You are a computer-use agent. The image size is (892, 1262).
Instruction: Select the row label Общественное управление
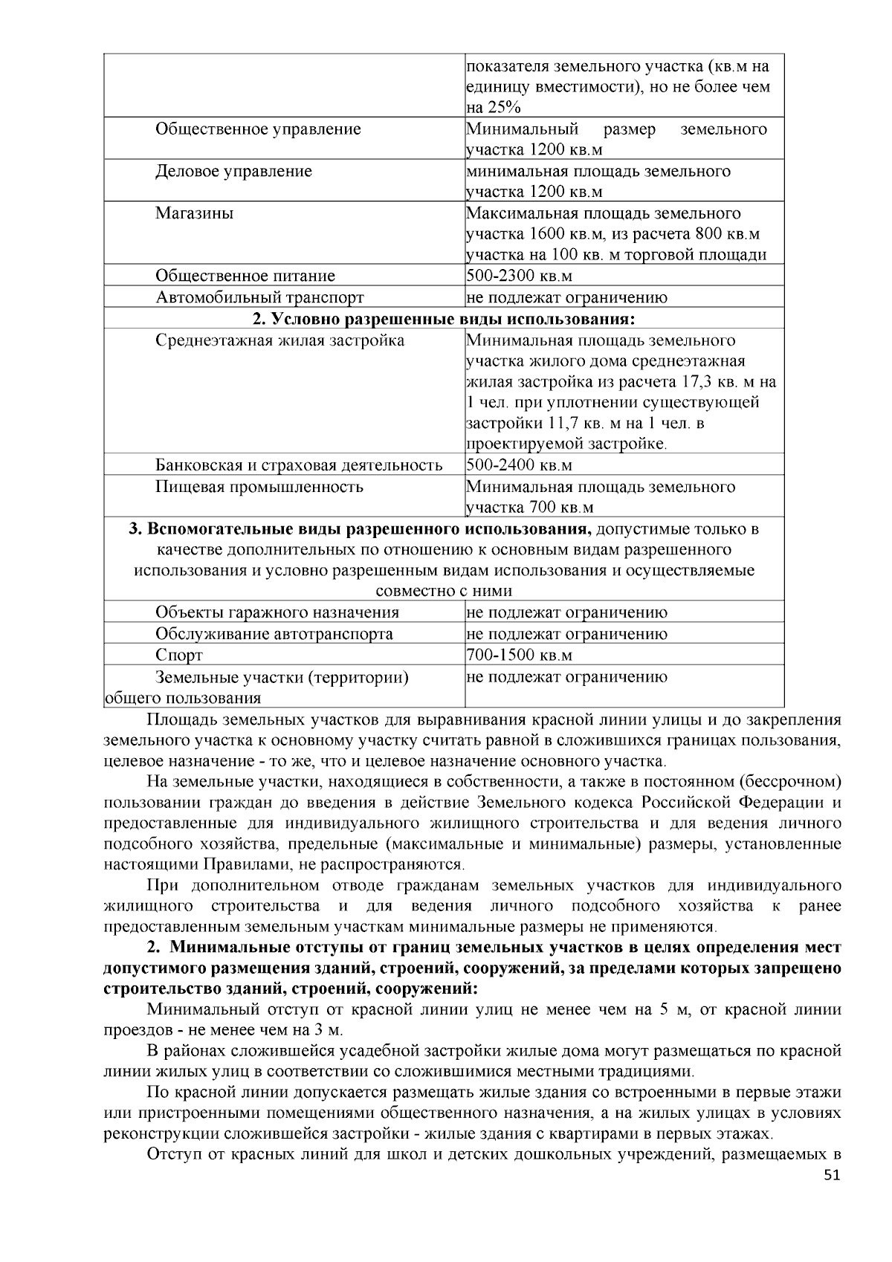258,129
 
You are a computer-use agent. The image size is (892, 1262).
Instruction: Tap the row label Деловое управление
233,172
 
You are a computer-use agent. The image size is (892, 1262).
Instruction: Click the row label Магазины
194,214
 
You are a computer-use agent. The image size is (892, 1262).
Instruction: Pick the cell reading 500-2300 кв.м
519,276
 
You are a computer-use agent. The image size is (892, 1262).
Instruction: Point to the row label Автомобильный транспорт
259,298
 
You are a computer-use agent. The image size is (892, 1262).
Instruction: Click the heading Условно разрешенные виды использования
444,320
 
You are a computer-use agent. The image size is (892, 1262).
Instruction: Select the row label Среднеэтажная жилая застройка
280,341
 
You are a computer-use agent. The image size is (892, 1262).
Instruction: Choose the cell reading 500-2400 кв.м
519,466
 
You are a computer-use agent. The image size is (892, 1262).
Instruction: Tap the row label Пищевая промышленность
259,488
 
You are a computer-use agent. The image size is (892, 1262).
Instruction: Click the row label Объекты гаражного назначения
277,613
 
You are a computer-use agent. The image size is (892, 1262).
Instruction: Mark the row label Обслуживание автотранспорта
274,635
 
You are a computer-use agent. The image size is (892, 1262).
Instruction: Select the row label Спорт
179,656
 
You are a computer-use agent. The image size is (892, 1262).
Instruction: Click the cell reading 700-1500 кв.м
519,656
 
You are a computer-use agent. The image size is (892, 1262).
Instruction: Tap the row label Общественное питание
245,276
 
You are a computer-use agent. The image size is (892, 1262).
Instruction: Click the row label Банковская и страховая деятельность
299,466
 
